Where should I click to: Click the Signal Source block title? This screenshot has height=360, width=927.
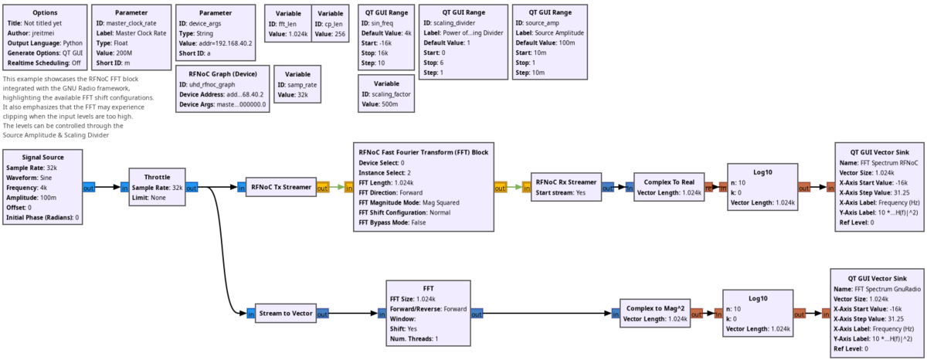point(43,158)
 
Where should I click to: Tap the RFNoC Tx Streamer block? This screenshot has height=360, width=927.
point(281,187)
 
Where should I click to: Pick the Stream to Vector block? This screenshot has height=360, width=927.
point(286,314)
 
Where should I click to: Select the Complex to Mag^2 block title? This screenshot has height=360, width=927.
point(655,307)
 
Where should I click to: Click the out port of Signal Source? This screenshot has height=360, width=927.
point(89,187)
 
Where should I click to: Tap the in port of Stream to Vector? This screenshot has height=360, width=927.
point(251,314)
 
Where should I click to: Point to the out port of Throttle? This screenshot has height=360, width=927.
point(192,187)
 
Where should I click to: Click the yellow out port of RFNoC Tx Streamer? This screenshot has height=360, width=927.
point(323,187)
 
